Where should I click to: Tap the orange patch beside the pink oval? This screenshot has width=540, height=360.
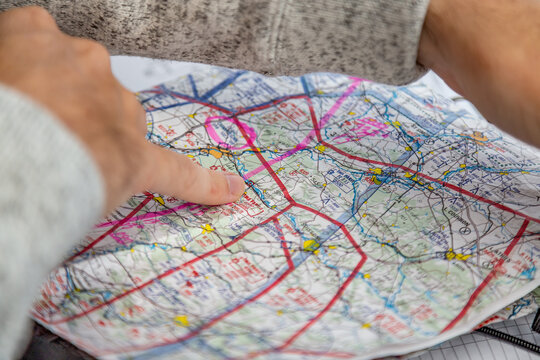pyautogui.click(x=215, y=154)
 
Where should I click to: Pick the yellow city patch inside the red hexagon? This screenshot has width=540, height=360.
pyautogui.click(x=310, y=244)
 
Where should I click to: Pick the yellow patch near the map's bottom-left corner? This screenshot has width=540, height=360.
pyautogui.click(x=181, y=320)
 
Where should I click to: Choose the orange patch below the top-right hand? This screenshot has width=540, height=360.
pyautogui.click(x=478, y=136)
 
